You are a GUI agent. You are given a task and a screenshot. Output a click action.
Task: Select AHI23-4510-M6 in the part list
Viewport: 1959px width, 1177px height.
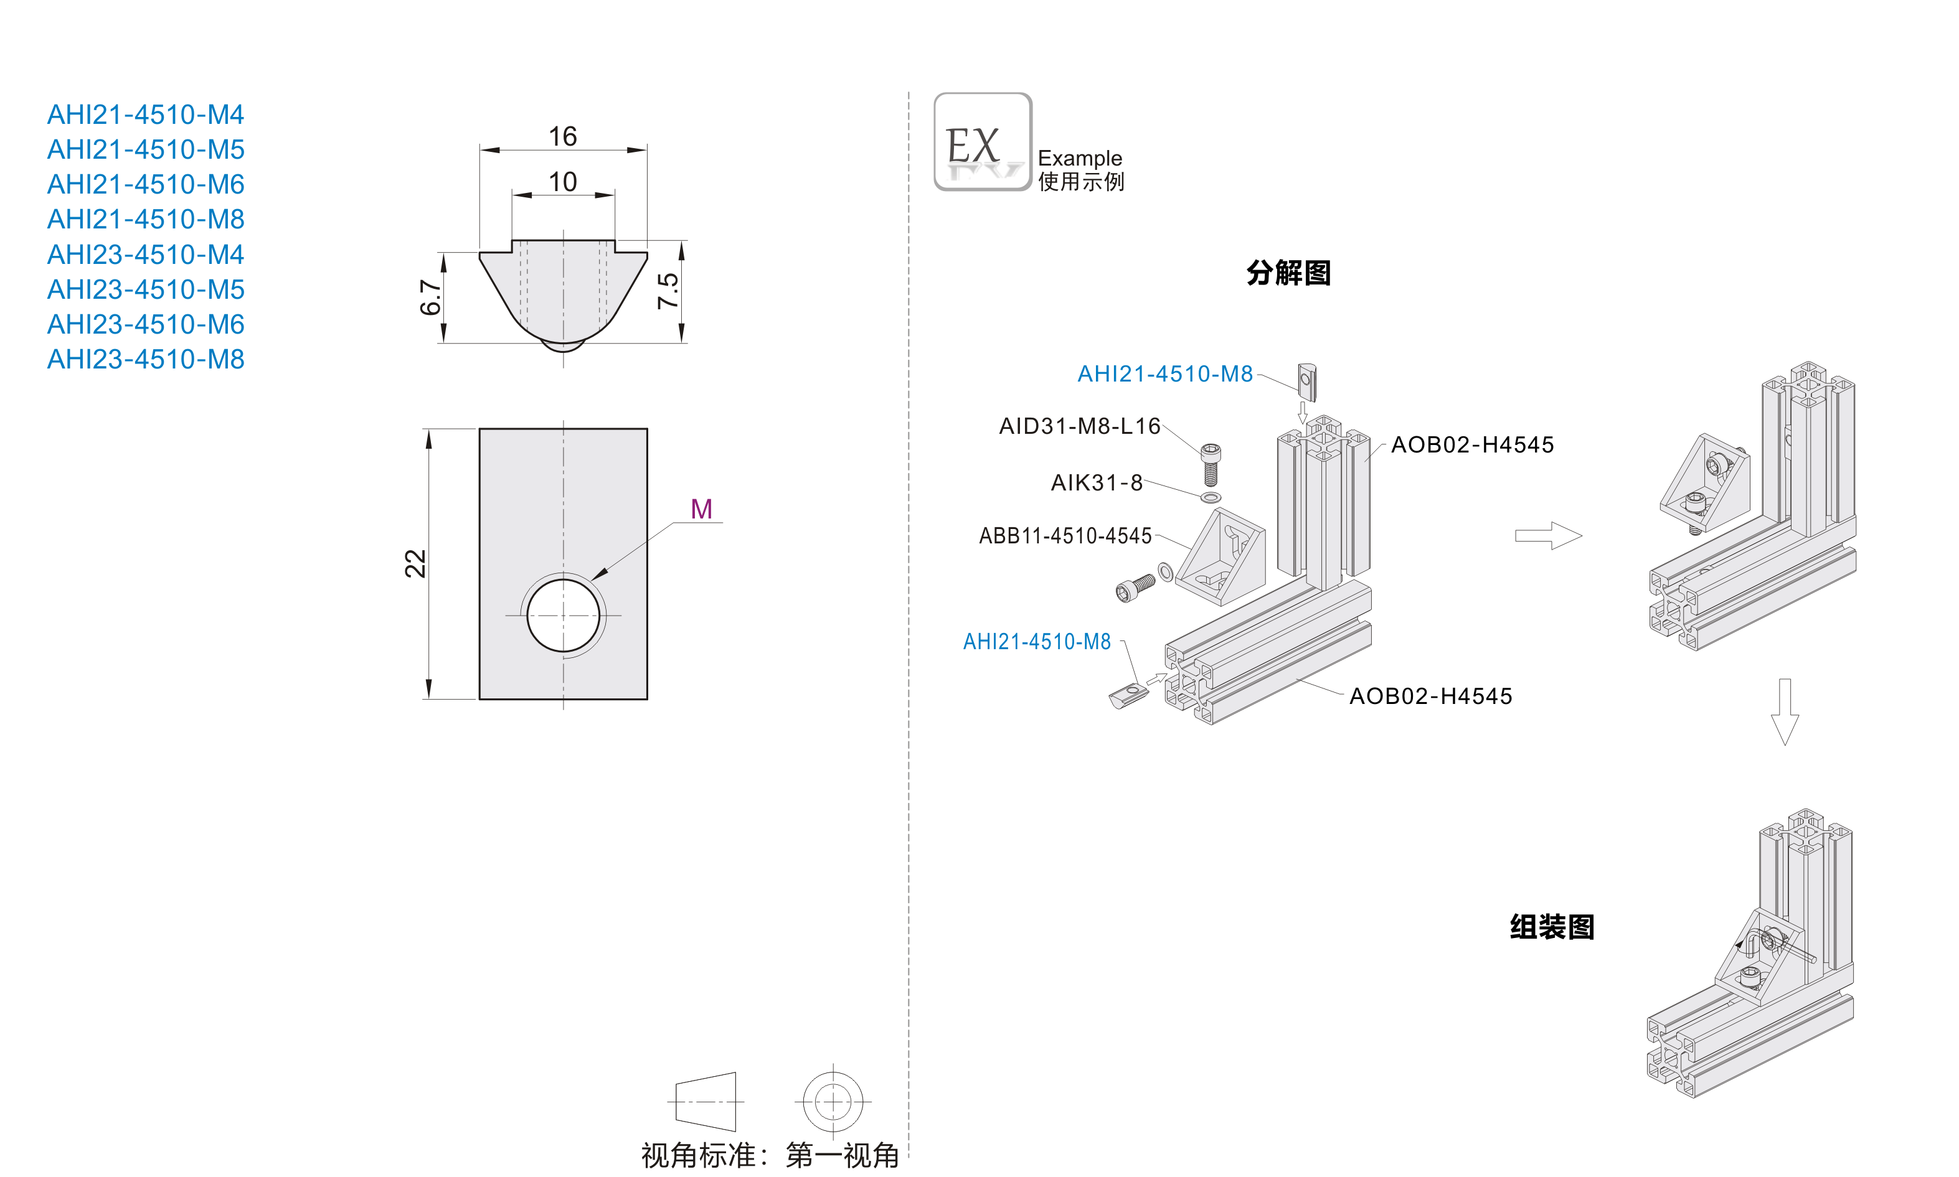(x=145, y=324)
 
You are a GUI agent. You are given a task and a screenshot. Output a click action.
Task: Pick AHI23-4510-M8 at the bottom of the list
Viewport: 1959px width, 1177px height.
(x=145, y=359)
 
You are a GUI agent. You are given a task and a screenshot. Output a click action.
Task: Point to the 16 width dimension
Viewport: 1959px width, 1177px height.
(x=562, y=136)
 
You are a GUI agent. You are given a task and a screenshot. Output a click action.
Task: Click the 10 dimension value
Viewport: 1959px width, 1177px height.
(x=562, y=182)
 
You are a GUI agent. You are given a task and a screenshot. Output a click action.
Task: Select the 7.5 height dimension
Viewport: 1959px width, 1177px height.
(x=668, y=291)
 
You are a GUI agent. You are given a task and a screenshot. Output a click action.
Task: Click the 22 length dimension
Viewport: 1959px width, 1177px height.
(x=415, y=563)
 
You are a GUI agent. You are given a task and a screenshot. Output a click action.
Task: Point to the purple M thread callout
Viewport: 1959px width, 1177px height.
(x=701, y=509)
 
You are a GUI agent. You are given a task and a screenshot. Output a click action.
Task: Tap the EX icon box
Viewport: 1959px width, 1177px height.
(x=982, y=142)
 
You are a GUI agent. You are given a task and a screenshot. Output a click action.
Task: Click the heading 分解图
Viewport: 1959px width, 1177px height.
(x=1288, y=273)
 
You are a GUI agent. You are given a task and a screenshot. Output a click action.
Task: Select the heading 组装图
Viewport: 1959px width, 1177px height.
(x=1551, y=926)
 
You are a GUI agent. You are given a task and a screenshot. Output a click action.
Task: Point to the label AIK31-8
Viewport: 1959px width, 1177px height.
(x=1097, y=483)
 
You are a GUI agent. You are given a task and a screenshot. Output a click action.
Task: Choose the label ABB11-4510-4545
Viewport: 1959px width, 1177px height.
(x=1065, y=536)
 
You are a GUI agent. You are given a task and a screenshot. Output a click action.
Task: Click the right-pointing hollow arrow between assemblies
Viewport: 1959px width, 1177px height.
(x=1548, y=535)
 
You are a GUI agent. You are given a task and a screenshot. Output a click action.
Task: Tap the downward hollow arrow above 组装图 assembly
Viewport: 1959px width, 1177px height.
(x=1785, y=711)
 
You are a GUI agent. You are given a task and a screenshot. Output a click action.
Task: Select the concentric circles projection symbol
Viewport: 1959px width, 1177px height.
(x=833, y=1102)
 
